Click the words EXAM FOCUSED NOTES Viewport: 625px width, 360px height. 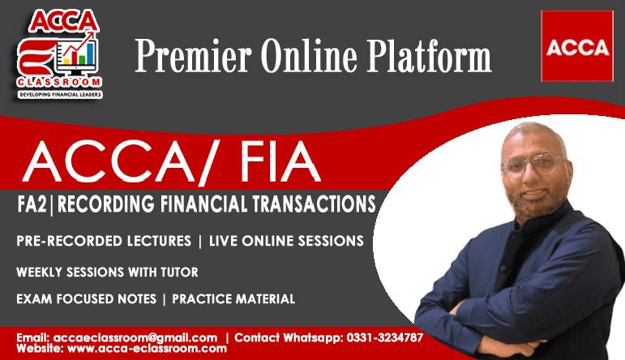86,299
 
